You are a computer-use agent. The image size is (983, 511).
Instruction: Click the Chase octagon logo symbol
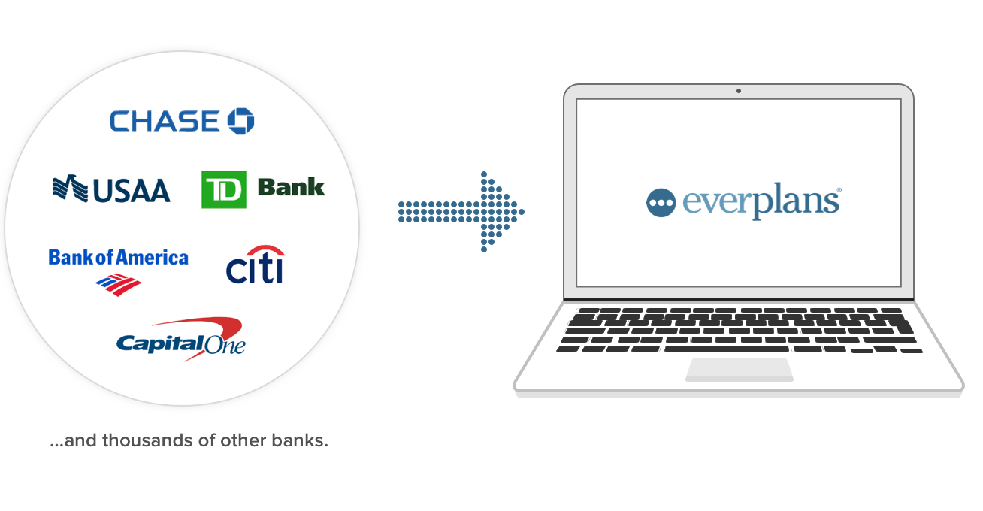point(241,121)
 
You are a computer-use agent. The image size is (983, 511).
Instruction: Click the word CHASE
point(165,121)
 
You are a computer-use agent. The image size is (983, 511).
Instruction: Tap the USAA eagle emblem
point(70,188)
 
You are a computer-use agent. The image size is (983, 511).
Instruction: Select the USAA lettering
point(132,189)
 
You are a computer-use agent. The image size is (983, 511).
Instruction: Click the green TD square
point(223,189)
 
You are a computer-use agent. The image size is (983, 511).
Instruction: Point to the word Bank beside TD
point(291,187)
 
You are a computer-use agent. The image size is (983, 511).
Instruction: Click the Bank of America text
point(118,258)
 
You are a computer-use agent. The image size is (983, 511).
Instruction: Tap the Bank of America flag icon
point(118,283)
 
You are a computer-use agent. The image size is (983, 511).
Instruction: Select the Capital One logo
point(181,339)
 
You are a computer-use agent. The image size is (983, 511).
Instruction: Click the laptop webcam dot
point(739,91)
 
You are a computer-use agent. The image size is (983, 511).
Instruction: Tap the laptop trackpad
point(740,369)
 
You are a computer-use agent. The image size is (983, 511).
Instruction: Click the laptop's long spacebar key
point(726,349)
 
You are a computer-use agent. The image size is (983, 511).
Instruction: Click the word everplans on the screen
point(760,203)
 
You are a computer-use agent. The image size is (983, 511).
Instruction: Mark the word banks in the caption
point(304,440)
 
